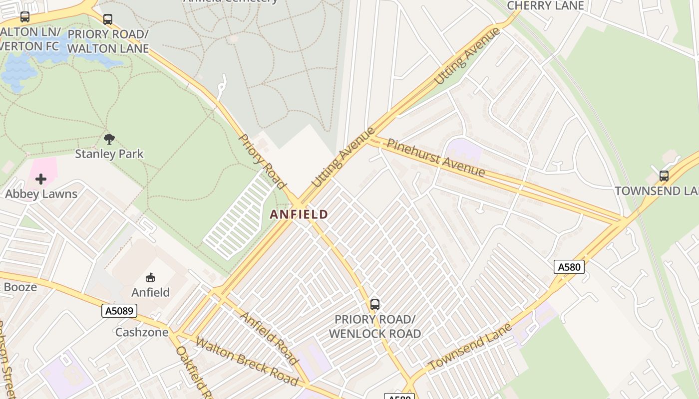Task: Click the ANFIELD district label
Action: (x=299, y=214)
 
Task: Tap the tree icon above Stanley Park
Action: (x=109, y=139)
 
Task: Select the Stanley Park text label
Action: (x=109, y=154)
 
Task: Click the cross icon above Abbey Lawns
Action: (x=41, y=179)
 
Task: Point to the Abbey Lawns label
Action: (x=41, y=194)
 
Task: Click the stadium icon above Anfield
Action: (x=150, y=277)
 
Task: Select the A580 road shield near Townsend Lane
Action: (x=569, y=267)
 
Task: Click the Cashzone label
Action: (x=142, y=332)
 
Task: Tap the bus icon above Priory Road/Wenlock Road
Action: (x=375, y=304)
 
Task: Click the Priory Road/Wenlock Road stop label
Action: (x=374, y=326)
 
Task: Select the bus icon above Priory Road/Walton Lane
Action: (x=108, y=19)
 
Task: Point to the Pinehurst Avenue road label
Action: (x=435, y=158)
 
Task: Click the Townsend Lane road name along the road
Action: (x=470, y=347)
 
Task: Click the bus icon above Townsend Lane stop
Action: (x=664, y=176)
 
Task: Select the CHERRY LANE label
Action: (x=545, y=6)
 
